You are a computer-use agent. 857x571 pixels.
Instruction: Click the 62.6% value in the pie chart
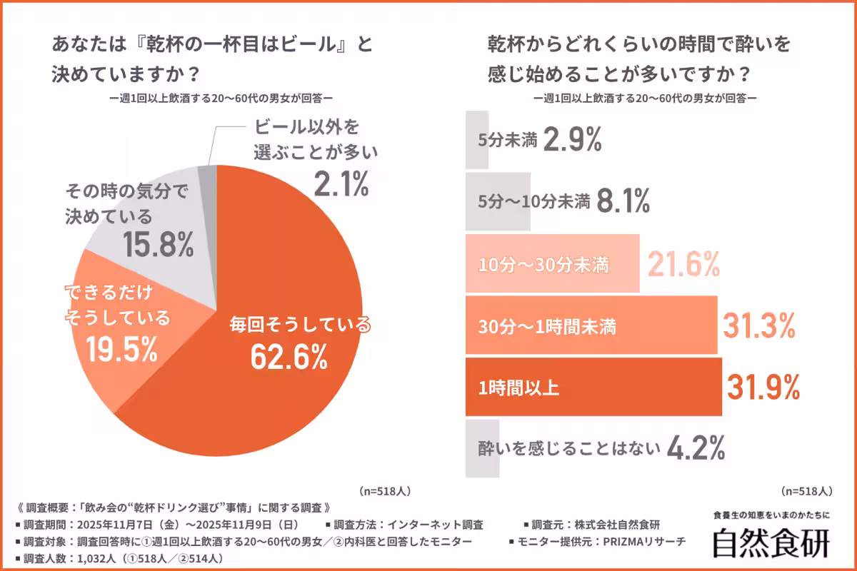(x=289, y=356)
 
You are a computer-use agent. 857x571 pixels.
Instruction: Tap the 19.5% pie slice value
(x=121, y=348)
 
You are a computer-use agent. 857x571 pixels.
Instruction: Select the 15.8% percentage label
(x=158, y=244)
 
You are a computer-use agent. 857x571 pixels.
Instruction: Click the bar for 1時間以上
(x=593, y=388)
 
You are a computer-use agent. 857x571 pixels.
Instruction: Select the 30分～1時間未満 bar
(x=591, y=326)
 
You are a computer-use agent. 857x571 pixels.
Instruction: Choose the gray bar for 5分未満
(x=477, y=140)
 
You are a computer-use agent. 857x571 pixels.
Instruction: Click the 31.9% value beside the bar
(x=763, y=388)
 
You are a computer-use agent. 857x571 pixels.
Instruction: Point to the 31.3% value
(x=760, y=326)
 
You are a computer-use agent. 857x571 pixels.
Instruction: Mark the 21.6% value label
(x=683, y=266)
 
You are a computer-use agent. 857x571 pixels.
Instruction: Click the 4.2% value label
(x=697, y=448)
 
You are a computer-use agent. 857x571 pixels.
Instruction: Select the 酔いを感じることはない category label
(x=568, y=449)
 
